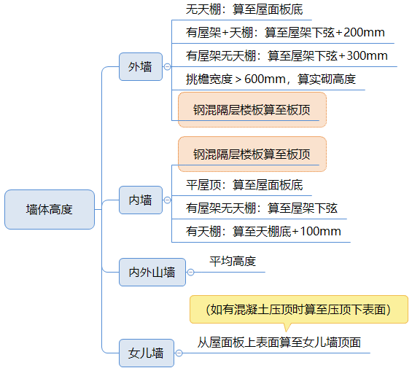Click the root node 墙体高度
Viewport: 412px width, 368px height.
point(50,209)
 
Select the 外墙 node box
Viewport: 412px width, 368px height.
point(141,67)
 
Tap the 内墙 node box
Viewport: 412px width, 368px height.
point(141,200)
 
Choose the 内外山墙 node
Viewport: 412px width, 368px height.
point(152,272)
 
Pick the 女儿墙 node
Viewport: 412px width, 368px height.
point(147,353)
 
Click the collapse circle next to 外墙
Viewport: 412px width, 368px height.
point(167,67)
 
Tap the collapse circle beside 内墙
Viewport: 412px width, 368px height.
point(167,200)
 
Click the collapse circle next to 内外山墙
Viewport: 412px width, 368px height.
point(191,272)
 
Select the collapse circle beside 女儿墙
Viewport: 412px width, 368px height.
point(179,353)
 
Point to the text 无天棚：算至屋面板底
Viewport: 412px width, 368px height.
point(244,9)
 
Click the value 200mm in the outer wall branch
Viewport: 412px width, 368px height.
point(364,33)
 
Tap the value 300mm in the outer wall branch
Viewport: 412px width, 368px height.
point(367,55)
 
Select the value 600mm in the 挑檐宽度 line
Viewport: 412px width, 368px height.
point(265,79)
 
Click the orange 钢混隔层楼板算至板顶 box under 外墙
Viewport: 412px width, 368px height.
point(252,109)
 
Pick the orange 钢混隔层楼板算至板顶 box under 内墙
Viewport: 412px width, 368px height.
point(252,154)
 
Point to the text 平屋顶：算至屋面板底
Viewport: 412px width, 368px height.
point(244,185)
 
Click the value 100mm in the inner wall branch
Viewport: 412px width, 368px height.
point(320,232)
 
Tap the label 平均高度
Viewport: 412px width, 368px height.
point(233,262)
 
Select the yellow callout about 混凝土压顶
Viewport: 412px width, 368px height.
point(299,310)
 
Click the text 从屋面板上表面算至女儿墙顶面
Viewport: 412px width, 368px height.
point(279,342)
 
